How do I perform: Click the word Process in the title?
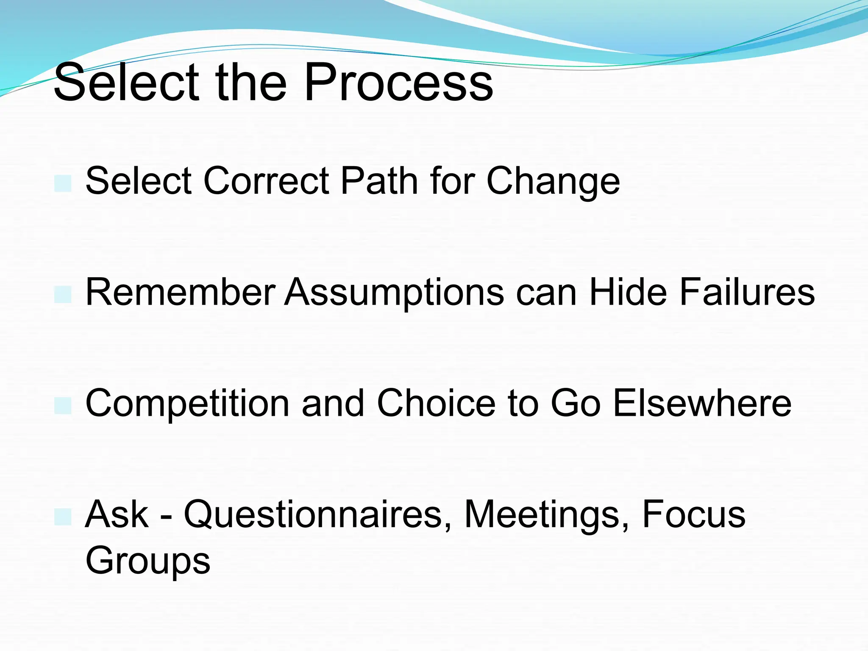click(x=398, y=83)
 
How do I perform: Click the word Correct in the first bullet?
click(x=266, y=181)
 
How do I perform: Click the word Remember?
click(x=181, y=292)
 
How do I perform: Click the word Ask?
click(x=117, y=514)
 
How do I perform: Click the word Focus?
click(x=693, y=514)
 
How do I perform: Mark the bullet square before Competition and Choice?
click(x=63, y=405)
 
